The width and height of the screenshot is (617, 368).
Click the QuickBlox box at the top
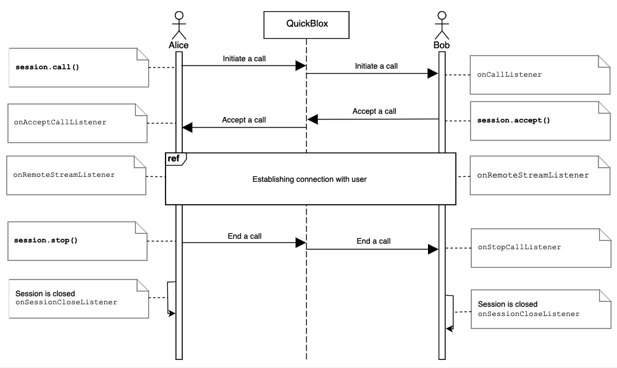click(x=306, y=24)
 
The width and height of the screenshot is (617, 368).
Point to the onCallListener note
click(x=535, y=74)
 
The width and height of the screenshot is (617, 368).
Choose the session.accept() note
click(x=535, y=120)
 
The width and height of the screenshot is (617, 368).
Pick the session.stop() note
click(x=78, y=239)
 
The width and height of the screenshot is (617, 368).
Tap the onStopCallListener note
click(x=535, y=247)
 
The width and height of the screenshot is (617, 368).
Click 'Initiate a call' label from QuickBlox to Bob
click(x=376, y=66)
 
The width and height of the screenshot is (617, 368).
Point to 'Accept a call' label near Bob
click(x=374, y=111)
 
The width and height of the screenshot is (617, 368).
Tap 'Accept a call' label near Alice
click(x=244, y=120)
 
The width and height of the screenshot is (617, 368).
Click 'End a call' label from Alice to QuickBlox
click(x=245, y=236)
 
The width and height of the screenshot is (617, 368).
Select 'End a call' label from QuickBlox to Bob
click(x=374, y=241)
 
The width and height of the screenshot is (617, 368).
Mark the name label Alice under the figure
click(x=178, y=45)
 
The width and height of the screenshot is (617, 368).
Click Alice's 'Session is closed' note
click(x=78, y=298)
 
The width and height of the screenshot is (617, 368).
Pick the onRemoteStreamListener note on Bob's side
click(x=535, y=176)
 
